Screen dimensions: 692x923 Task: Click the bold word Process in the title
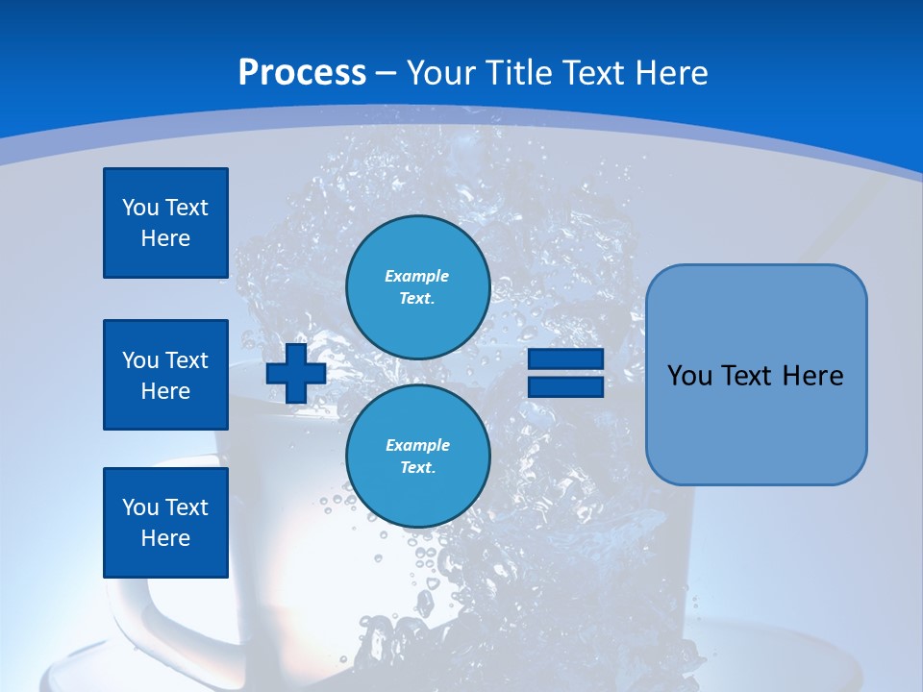coord(302,73)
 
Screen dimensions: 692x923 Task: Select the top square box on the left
coord(165,223)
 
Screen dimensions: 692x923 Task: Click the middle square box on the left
coord(165,375)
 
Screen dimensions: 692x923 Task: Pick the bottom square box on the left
coord(165,523)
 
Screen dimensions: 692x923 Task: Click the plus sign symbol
coord(296,374)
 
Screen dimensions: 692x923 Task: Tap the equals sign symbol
coord(565,374)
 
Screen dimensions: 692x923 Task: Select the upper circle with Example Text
coord(417,287)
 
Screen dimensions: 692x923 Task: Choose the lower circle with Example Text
coord(417,457)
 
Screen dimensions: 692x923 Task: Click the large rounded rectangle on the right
coord(756,375)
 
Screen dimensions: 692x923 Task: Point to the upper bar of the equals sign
coord(565,359)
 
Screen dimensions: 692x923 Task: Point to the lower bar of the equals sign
coord(565,387)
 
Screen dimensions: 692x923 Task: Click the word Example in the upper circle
coord(416,276)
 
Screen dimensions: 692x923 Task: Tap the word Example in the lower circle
coord(416,445)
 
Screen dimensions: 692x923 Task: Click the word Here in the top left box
coord(165,238)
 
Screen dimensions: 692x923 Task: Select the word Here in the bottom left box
coord(165,538)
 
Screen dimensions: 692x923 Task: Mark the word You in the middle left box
coord(139,360)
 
